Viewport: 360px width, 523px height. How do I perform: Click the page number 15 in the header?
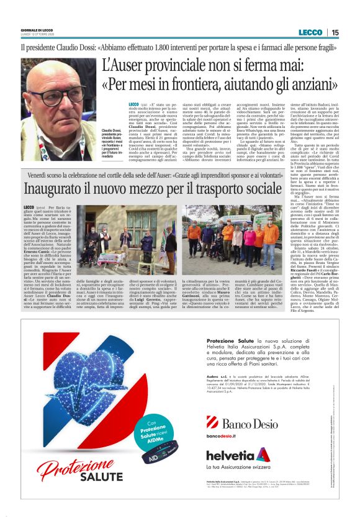[335, 32]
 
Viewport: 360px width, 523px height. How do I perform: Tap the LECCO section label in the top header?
[310, 32]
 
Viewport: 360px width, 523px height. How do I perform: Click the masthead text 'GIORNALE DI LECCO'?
[38, 30]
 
